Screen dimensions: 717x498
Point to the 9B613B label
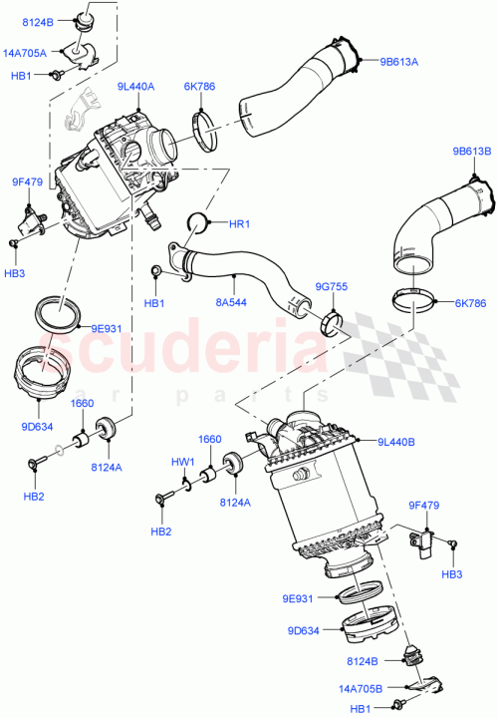coord(470,153)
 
